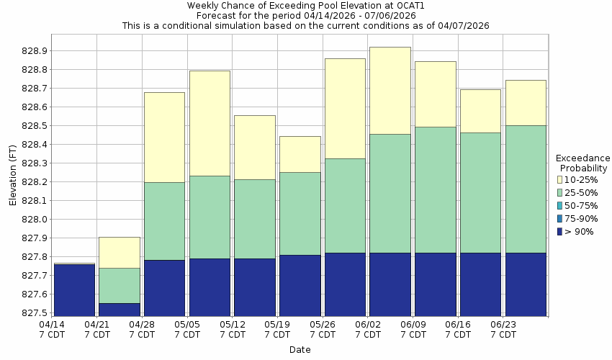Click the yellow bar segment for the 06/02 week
coord(390,90)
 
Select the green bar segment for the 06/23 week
coord(525,189)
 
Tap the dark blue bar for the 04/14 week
coord(74,289)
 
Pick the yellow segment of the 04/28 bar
coord(164,137)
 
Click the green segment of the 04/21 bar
coord(119,285)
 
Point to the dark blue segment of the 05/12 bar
coord(254,287)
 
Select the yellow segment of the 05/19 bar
coord(300,154)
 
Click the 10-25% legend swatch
coord(561,180)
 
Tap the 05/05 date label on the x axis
coord(187,330)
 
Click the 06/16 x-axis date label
coord(458,330)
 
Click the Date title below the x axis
coord(300,350)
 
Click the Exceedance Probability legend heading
coord(583,163)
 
